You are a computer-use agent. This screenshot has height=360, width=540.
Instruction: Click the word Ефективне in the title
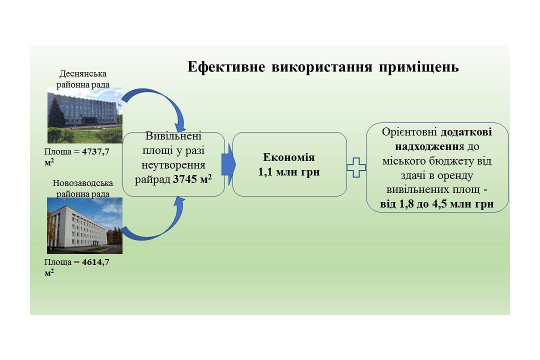226,66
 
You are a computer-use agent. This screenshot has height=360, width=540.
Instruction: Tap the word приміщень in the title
419,67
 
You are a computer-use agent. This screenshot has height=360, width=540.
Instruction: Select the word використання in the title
322,67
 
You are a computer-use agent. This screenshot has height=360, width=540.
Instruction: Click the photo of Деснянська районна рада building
84,115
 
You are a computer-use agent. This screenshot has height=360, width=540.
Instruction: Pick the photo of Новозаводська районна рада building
84,225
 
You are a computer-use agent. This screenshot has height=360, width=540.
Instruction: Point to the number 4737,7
95,152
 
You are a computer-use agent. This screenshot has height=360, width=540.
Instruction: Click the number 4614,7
95,262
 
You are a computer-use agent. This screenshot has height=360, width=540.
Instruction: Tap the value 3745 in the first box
185,179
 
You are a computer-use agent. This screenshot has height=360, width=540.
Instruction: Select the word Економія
289,157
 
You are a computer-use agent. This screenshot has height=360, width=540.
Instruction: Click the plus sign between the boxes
356,168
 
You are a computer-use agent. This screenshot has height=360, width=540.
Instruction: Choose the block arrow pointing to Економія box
228,164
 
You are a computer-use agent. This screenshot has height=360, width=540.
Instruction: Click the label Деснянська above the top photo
83,73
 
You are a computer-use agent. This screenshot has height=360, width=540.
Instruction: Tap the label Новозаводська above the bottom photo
82,183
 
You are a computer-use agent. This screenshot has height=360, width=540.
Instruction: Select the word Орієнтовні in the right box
409,132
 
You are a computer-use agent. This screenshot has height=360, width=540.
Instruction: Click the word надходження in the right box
430,147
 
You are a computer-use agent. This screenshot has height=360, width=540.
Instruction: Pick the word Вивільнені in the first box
173,136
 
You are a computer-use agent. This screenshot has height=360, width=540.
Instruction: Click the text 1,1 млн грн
289,172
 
